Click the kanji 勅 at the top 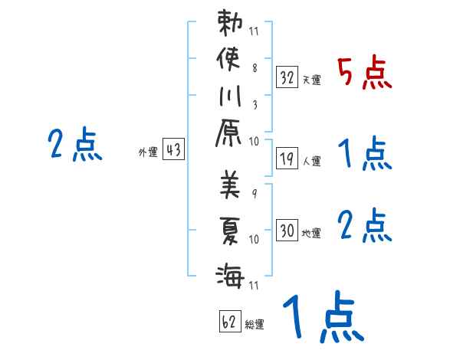[x=230, y=24]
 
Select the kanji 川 [x=229, y=100]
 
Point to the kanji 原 [x=230, y=138]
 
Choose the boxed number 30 [x=287, y=230]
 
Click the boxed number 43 [x=173, y=150]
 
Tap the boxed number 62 [x=228, y=322]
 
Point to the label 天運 [x=311, y=80]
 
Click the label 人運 [x=311, y=161]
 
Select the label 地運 [x=311, y=233]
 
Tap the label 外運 [x=148, y=152]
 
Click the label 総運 [x=255, y=325]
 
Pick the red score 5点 [x=365, y=74]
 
